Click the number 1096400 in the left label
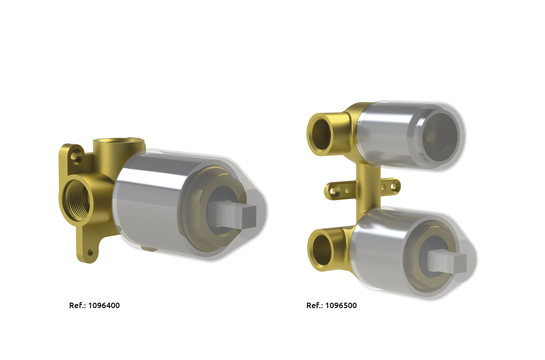(x=104, y=305)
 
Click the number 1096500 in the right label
(x=341, y=305)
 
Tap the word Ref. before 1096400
(x=78, y=305)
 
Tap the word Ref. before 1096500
(x=315, y=305)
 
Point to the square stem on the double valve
(x=448, y=261)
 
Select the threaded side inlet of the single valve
(x=77, y=199)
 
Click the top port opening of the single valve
(x=119, y=142)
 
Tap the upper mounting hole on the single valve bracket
(x=74, y=155)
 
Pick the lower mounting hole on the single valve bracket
(x=90, y=252)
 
